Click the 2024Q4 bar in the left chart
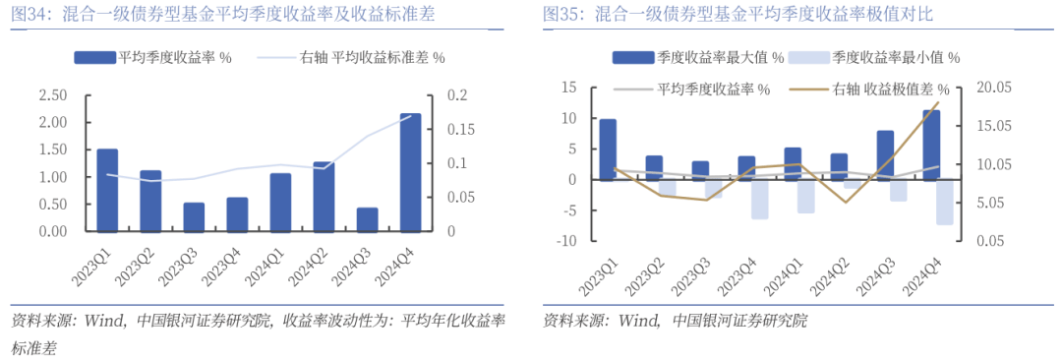click(411, 172)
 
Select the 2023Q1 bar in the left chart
click(107, 190)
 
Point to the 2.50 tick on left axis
click(52, 95)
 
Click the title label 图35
click(564, 15)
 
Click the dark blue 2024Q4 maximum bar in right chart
click(930, 145)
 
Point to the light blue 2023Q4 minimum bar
click(759, 200)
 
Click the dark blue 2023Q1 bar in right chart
click(608, 150)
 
